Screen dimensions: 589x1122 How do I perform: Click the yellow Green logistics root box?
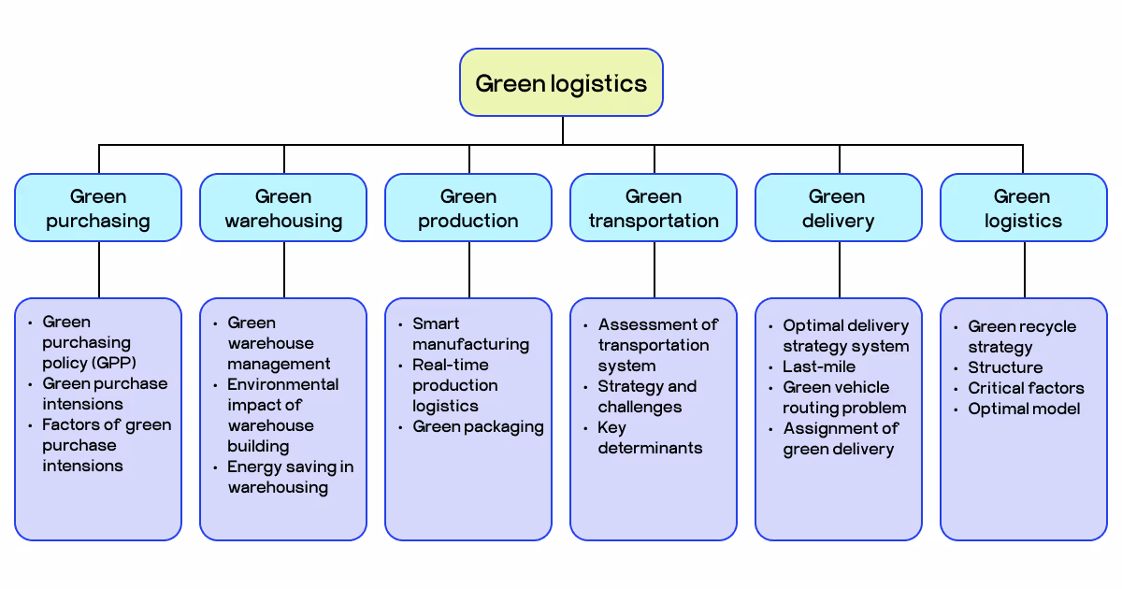561,83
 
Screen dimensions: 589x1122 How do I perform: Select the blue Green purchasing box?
98,208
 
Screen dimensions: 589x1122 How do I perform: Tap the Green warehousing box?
283,208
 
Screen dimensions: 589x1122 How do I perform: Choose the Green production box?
468,208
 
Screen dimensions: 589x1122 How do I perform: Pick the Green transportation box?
654,208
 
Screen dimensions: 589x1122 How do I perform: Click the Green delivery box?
839,208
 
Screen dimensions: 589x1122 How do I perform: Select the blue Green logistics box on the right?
1023,208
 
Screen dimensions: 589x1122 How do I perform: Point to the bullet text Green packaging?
478,427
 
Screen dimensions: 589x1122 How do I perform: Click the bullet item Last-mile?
819,366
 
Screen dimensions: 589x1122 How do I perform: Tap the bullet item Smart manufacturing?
470,334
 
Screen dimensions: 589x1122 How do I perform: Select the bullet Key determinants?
650,438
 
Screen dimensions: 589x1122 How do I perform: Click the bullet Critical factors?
1026,388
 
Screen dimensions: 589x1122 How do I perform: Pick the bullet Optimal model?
1024,409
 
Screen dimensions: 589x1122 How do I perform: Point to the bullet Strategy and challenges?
647,396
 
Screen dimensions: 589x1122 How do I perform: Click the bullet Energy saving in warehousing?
290,477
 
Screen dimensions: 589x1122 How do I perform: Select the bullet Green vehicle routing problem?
844,397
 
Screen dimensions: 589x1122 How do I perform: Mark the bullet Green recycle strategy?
1021,337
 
